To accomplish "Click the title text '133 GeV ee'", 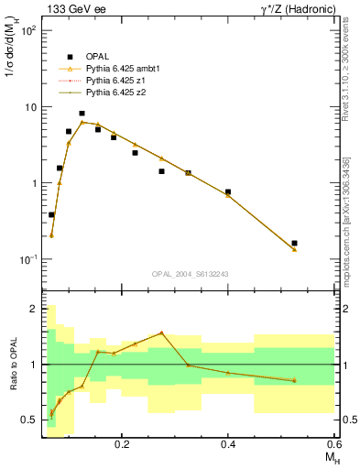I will pyautogui.click(x=72, y=9).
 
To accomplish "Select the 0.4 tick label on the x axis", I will pyautogui.click(x=228, y=445).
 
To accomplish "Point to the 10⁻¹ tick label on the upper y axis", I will pyautogui.click(x=28, y=259).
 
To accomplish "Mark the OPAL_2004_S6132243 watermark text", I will pyautogui.click(x=190, y=274).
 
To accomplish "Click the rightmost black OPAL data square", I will pyautogui.click(x=294, y=243).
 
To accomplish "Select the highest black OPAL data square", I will pyautogui.click(x=82, y=114).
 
